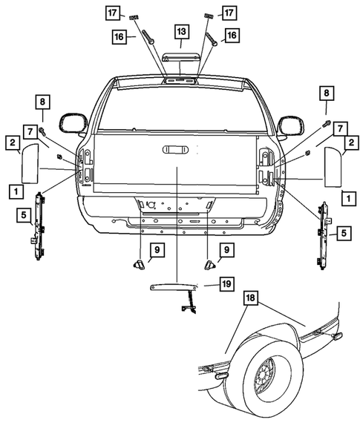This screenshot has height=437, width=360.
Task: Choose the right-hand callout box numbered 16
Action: click(x=232, y=35)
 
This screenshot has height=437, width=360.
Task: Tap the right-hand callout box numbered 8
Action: click(x=325, y=93)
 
